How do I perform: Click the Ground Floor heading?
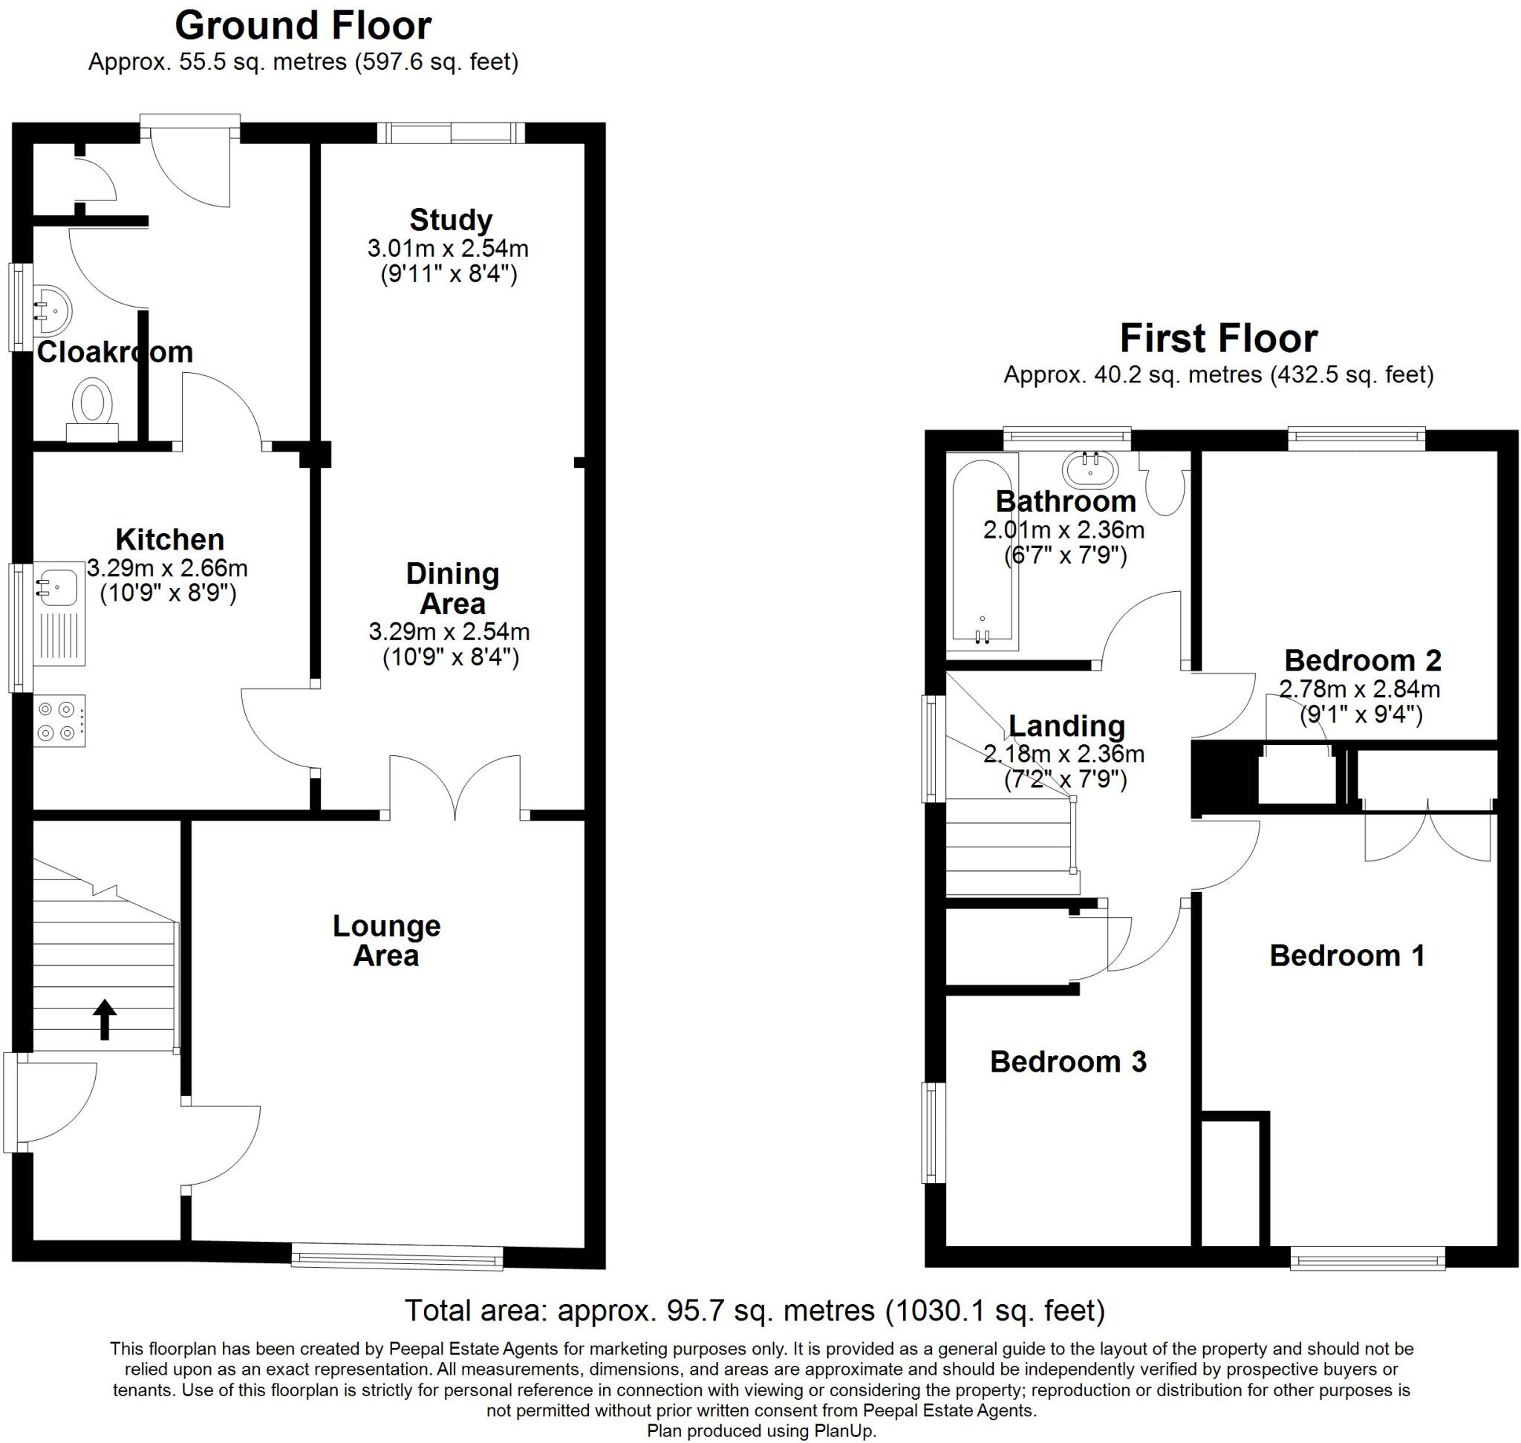302,26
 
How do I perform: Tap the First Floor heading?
1218,339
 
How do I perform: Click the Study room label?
450,220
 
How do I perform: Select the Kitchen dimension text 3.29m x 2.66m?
167,568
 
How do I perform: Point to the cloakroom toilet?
92,408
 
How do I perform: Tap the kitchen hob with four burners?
59,720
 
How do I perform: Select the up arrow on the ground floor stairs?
105,1019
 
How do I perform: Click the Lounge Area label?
386,940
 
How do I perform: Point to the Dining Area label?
452,588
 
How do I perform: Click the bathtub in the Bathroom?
982,550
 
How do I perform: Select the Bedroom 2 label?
1363,660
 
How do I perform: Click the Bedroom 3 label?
1068,1061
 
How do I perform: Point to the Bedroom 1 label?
1347,955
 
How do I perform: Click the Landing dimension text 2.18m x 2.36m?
1064,754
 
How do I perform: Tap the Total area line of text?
754,1310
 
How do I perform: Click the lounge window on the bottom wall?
397,1258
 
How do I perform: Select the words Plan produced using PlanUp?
761,1431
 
